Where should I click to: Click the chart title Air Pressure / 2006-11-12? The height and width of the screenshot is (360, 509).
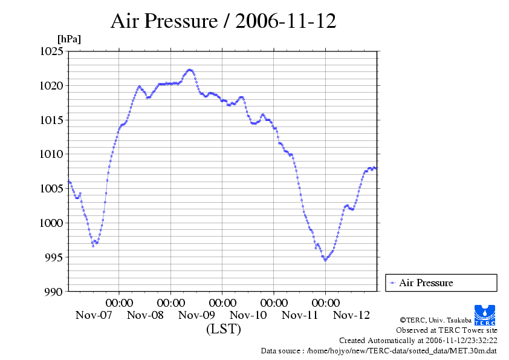(x=223, y=22)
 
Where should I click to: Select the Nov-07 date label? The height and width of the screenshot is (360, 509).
(x=94, y=315)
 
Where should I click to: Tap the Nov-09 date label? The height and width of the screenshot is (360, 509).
(x=196, y=315)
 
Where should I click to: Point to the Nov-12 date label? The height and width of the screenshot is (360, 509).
(x=352, y=315)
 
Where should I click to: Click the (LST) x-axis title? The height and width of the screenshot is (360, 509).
(x=223, y=330)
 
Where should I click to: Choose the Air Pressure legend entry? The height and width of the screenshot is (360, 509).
(x=426, y=283)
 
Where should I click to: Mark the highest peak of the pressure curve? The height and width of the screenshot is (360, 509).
(x=190, y=70)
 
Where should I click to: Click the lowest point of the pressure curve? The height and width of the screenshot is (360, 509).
(x=325, y=260)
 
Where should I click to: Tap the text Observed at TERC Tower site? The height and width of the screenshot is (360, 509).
(x=446, y=330)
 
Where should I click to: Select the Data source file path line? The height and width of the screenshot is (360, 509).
(x=378, y=350)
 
